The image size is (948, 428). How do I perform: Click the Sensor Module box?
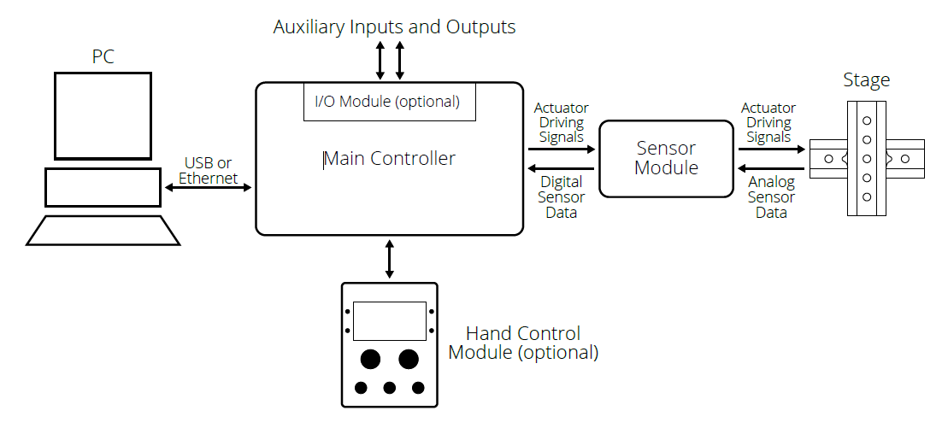point(666,158)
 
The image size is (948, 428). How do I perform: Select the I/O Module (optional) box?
point(389,102)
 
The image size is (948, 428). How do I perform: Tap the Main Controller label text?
point(390,159)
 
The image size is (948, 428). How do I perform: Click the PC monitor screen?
point(103,115)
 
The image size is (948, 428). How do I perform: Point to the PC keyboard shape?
point(103,231)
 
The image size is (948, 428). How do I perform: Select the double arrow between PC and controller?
point(208,188)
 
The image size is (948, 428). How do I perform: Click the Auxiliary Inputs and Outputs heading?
point(394,26)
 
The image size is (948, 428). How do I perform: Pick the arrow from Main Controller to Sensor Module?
point(561,149)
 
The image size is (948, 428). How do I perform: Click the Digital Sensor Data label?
point(562,196)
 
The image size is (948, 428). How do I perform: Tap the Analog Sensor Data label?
point(770,196)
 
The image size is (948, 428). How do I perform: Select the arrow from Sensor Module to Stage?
point(771,149)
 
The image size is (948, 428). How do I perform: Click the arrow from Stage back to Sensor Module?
point(771,167)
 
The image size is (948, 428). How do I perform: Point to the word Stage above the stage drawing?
point(866,80)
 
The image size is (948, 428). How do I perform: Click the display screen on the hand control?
point(389,321)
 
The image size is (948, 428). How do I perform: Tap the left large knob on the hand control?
point(370,358)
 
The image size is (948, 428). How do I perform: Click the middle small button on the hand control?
point(389,388)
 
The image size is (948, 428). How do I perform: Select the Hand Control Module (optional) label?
point(523,343)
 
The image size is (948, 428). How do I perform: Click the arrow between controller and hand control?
point(390,259)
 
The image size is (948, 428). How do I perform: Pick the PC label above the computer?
point(103,57)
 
